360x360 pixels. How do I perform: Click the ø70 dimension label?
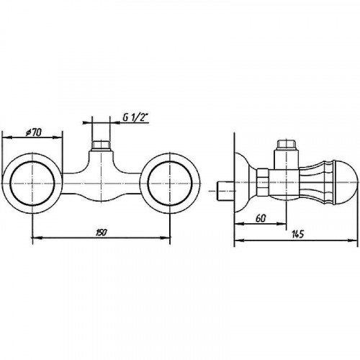coord(33,132)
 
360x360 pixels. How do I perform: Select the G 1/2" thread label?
coord(136,117)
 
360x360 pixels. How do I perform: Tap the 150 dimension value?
coord(102,233)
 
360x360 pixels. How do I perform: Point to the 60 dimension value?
coord(261,218)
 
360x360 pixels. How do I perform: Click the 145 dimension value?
coord(297,234)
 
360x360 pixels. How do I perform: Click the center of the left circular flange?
coord(32,183)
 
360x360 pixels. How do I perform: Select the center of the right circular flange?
coord(170,183)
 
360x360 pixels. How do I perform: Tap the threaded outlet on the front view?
coord(101,146)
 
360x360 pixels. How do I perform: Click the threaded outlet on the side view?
coord(286,145)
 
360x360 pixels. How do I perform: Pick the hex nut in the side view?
coord(262,182)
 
